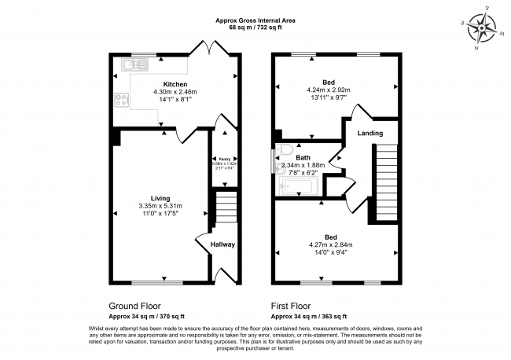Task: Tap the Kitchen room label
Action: (x=174, y=83)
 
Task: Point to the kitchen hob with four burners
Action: (x=122, y=100)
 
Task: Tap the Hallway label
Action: (x=222, y=244)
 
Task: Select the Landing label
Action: (x=370, y=134)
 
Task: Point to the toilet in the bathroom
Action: (x=285, y=149)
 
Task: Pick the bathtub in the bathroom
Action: (x=298, y=186)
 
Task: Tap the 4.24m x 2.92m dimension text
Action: (x=329, y=90)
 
